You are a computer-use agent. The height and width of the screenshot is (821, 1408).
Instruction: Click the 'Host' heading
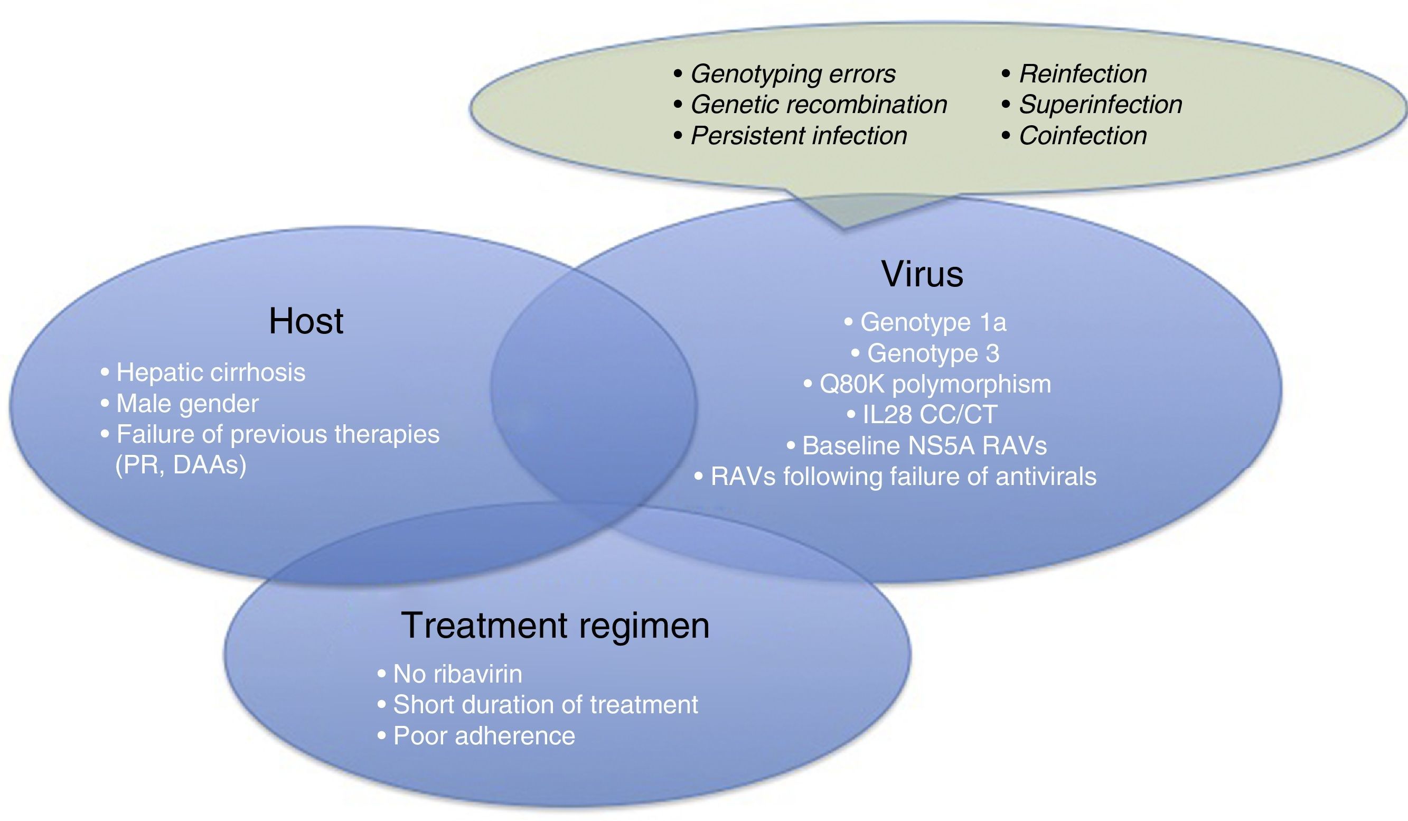[x=306, y=321]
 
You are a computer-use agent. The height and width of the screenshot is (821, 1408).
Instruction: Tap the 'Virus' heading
[x=923, y=274]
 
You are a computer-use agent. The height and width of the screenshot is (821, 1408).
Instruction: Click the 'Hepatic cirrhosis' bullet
[x=211, y=372]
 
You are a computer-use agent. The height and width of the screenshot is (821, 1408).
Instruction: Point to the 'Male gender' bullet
[x=187, y=404]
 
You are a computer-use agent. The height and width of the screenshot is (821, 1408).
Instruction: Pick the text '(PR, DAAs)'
[x=181, y=465]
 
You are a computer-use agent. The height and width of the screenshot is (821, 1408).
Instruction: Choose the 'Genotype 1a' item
[x=933, y=322]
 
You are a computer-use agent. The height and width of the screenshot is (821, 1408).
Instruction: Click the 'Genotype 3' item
[x=933, y=353]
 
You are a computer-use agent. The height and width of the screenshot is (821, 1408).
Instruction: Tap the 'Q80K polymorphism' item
[x=935, y=385]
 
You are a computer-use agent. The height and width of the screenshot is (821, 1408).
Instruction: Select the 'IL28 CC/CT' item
[x=929, y=415]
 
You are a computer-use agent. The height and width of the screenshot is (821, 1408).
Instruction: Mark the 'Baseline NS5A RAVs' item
[x=924, y=446]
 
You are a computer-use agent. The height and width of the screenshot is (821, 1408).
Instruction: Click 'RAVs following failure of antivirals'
[x=903, y=477]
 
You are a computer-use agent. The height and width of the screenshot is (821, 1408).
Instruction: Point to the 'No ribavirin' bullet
[x=457, y=674]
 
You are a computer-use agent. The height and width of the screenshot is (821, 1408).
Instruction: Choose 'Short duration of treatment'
[x=546, y=705]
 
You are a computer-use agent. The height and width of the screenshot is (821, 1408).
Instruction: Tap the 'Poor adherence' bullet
[x=484, y=736]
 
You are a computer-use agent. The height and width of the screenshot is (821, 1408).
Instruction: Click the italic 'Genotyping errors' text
[x=793, y=74]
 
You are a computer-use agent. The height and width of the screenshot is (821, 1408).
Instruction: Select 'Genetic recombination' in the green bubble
[x=819, y=105]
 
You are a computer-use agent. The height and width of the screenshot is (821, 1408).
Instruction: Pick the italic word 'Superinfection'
[x=1100, y=105]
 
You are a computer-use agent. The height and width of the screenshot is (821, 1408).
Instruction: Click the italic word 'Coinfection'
[x=1083, y=136]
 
